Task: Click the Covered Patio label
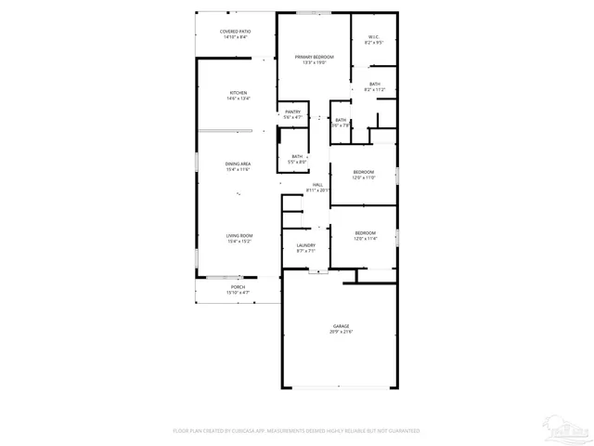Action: coord(234,32)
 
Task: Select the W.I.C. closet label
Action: coord(374,38)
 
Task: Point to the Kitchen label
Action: coord(239,93)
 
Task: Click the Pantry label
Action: coord(292,111)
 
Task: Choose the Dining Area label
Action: coord(239,164)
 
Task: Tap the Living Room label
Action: coord(239,235)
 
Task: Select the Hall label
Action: coord(317,185)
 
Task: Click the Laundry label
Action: coord(305,245)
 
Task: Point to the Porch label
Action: coord(239,288)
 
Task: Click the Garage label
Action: coord(342,326)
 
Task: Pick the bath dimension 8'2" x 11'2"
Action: coord(374,90)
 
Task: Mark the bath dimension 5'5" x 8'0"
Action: coord(297,162)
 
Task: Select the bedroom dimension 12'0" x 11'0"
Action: coord(364,177)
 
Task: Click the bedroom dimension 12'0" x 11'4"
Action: coord(365,239)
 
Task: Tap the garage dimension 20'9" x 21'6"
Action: coord(342,332)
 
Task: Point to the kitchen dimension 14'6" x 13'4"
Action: coord(239,98)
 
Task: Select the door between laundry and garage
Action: coord(318,271)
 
